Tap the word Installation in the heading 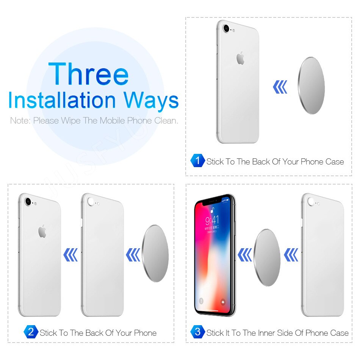(62, 100)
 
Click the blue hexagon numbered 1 (197, 161)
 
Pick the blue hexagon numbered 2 (31, 332)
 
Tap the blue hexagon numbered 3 (197, 332)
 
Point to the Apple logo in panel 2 (42, 231)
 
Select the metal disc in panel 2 (156, 253)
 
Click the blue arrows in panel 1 (280, 87)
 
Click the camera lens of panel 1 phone (226, 28)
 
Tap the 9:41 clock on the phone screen (212, 220)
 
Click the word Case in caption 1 (335, 162)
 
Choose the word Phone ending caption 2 (145, 333)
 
